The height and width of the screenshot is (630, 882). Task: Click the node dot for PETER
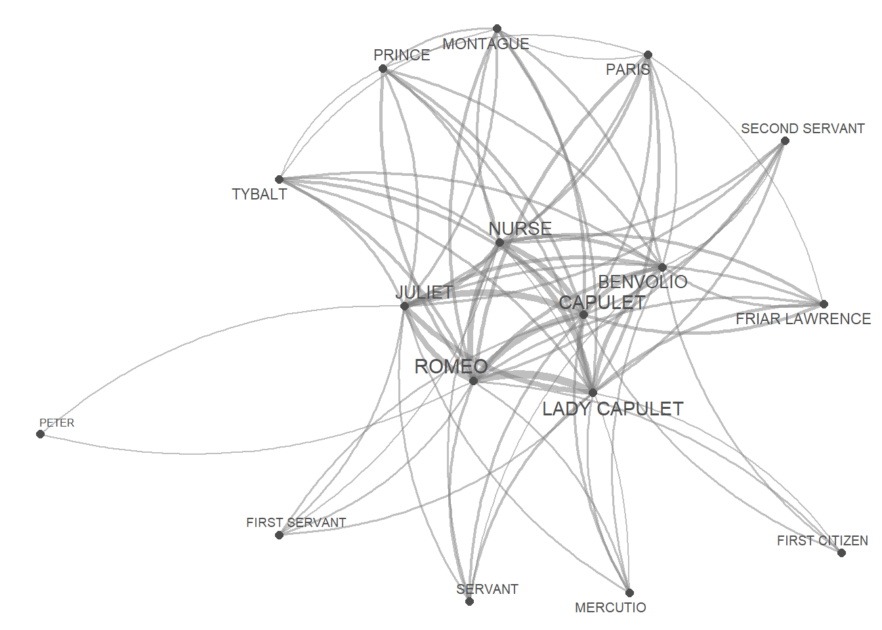(x=41, y=434)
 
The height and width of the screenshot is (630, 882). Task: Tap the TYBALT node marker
(x=279, y=179)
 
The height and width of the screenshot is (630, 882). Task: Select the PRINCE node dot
(x=383, y=69)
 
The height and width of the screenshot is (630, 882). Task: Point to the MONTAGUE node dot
(x=497, y=29)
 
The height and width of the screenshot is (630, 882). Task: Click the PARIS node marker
(x=648, y=55)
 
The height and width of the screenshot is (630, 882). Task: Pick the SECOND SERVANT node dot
(x=785, y=140)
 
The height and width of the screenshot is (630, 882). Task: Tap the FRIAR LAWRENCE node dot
(x=824, y=304)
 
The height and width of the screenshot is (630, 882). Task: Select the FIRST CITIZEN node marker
(x=841, y=553)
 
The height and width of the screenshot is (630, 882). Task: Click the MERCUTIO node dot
(x=629, y=593)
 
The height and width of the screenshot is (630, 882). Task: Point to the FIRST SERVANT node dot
(x=279, y=535)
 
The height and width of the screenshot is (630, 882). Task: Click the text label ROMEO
(x=451, y=366)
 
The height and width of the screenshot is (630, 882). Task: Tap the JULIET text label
(x=425, y=292)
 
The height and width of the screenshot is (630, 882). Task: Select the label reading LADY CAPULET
(x=612, y=409)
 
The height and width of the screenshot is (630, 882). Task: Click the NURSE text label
(x=520, y=228)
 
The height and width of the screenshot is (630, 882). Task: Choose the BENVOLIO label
(x=642, y=282)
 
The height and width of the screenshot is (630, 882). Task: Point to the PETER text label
(x=57, y=423)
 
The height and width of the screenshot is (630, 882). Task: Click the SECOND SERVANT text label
(x=803, y=129)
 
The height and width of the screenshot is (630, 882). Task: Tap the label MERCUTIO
(x=610, y=608)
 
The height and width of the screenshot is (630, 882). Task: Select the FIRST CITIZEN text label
(x=822, y=541)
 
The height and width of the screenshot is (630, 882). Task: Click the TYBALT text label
(x=259, y=194)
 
